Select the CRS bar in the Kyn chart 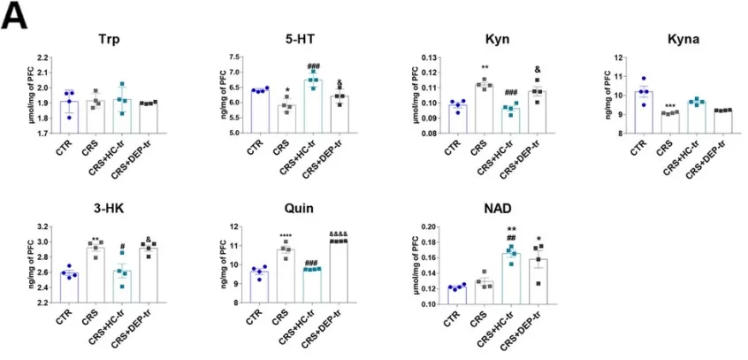(x=481, y=109)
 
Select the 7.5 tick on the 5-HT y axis (x=232, y=57)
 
